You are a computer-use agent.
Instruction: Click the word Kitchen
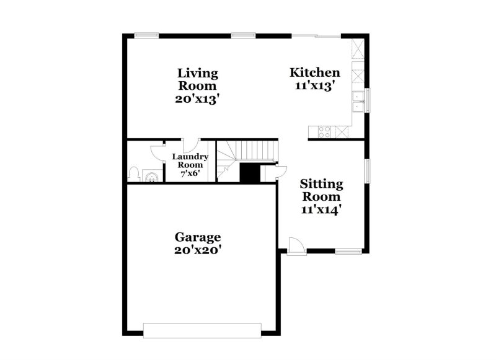coord(314,73)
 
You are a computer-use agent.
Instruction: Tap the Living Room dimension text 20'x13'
coord(198,99)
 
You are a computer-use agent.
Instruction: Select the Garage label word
coord(198,237)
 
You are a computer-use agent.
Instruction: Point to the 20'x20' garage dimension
coord(198,250)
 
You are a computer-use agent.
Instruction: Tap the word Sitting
coord(322,183)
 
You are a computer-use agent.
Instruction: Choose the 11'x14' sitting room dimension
coord(322,209)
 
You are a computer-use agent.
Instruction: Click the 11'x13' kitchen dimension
coord(314,86)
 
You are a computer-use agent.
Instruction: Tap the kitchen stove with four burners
coord(323,131)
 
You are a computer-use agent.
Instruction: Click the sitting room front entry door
coord(296,246)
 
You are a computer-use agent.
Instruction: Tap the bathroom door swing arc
coord(155,152)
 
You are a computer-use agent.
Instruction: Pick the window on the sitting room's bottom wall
coord(348,251)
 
